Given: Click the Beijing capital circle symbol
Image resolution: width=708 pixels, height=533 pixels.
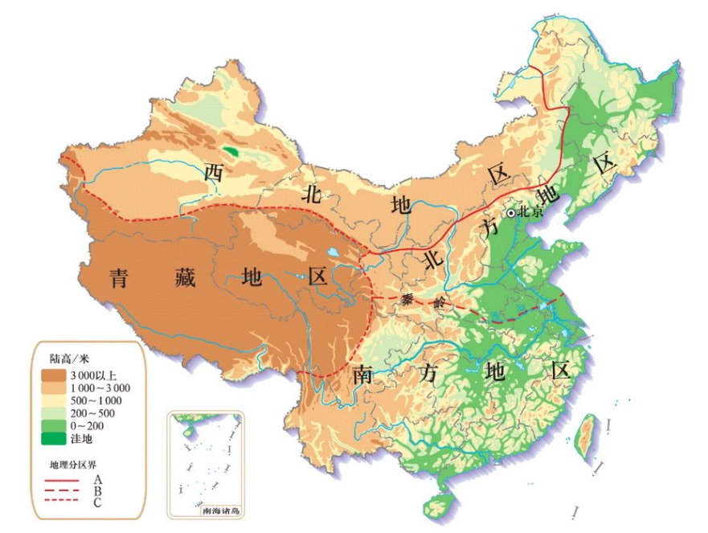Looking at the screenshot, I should click(x=510, y=213).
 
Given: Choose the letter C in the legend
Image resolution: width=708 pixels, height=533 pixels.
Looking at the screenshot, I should click(x=96, y=502).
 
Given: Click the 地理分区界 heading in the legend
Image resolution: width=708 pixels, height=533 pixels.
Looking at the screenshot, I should click(x=72, y=465).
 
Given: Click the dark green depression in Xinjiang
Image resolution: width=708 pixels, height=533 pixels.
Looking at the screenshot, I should click(x=232, y=150).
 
